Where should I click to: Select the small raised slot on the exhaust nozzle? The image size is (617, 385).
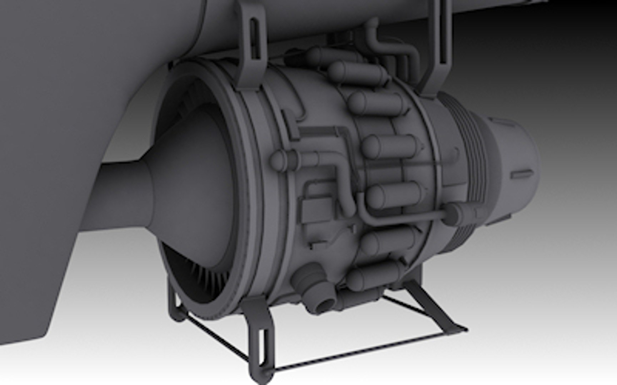click(x=522, y=174)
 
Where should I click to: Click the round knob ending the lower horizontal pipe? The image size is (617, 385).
click(x=452, y=213)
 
